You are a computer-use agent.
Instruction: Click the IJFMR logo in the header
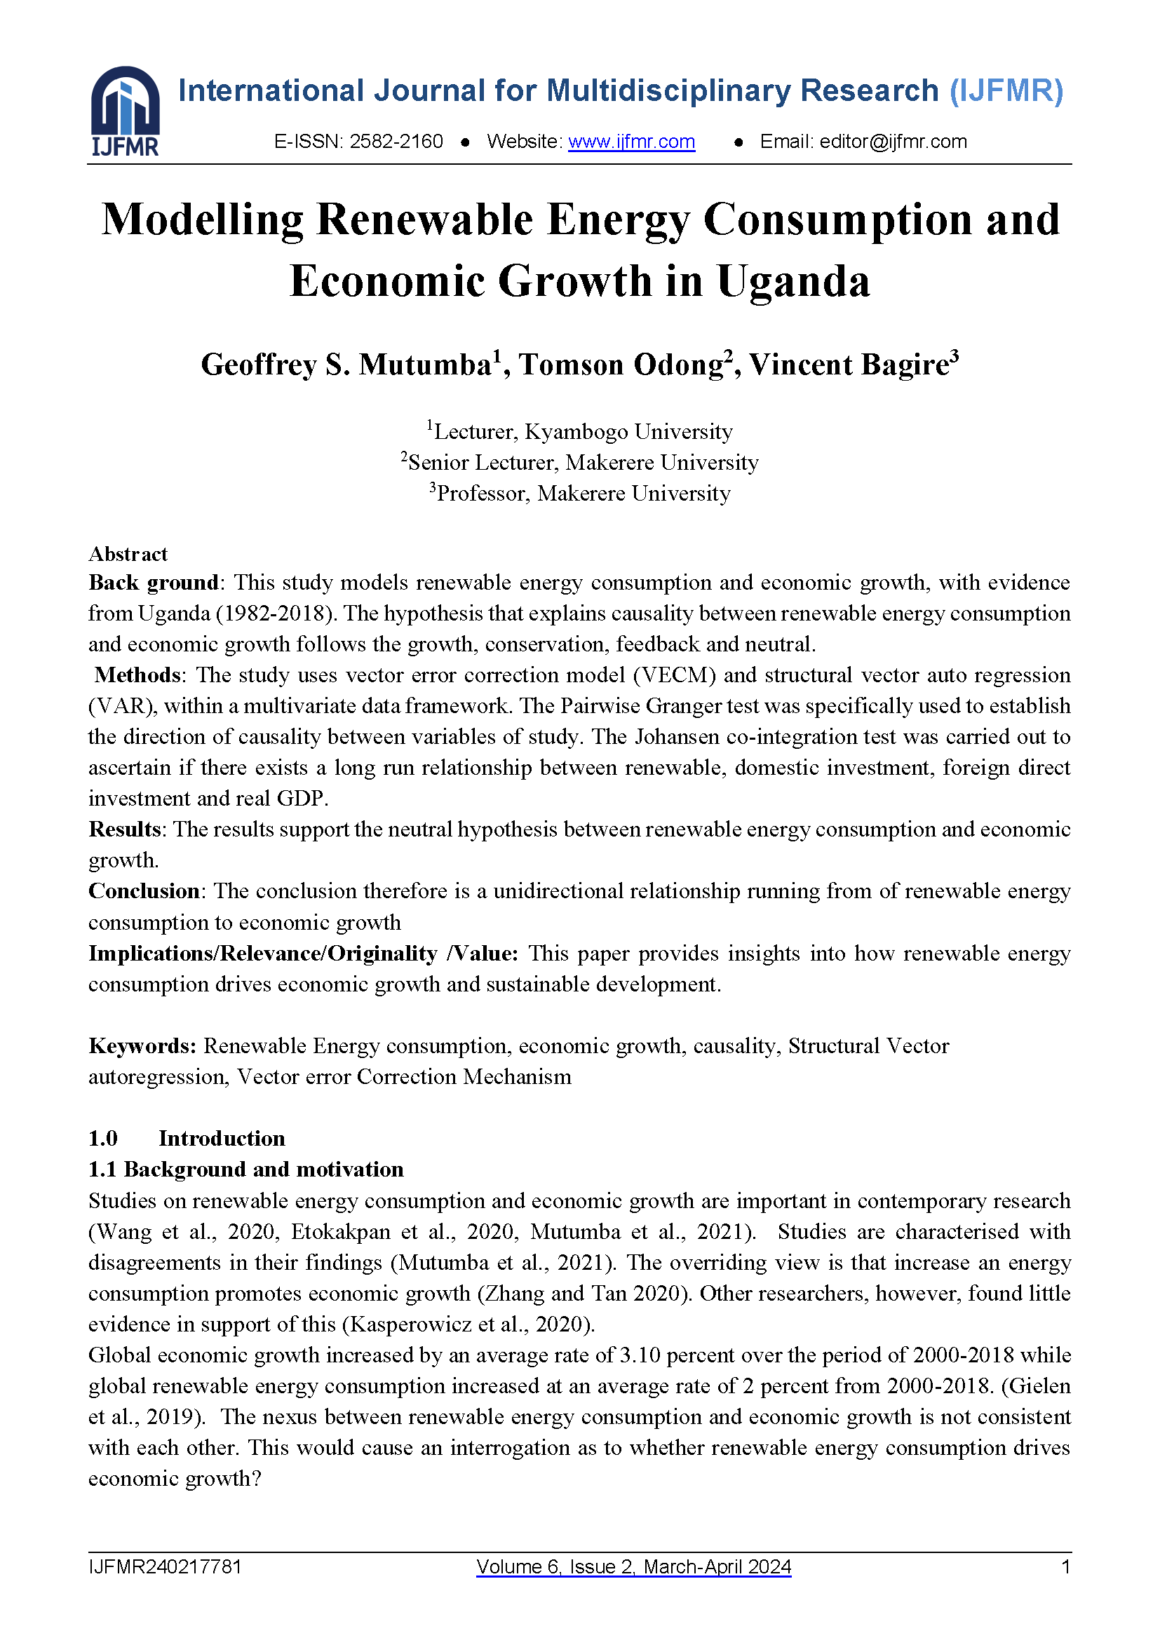(125, 111)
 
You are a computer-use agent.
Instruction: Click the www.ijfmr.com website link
(631, 142)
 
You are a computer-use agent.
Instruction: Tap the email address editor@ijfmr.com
(893, 142)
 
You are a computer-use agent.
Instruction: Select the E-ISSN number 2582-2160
(396, 142)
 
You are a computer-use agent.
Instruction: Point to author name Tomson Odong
(621, 365)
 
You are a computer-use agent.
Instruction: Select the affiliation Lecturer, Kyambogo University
(583, 431)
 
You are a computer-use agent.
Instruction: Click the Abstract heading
(128, 554)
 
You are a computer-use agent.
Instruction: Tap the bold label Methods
(137, 675)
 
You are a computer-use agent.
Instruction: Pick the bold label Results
(124, 829)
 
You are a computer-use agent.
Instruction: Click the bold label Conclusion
(144, 890)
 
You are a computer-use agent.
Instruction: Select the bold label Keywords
(142, 1045)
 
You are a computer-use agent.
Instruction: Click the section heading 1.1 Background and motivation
(245, 1170)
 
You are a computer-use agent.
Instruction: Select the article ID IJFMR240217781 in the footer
(165, 1567)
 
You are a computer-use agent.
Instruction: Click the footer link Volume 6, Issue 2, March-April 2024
(633, 1567)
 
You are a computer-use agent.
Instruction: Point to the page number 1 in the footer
(1066, 1567)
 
